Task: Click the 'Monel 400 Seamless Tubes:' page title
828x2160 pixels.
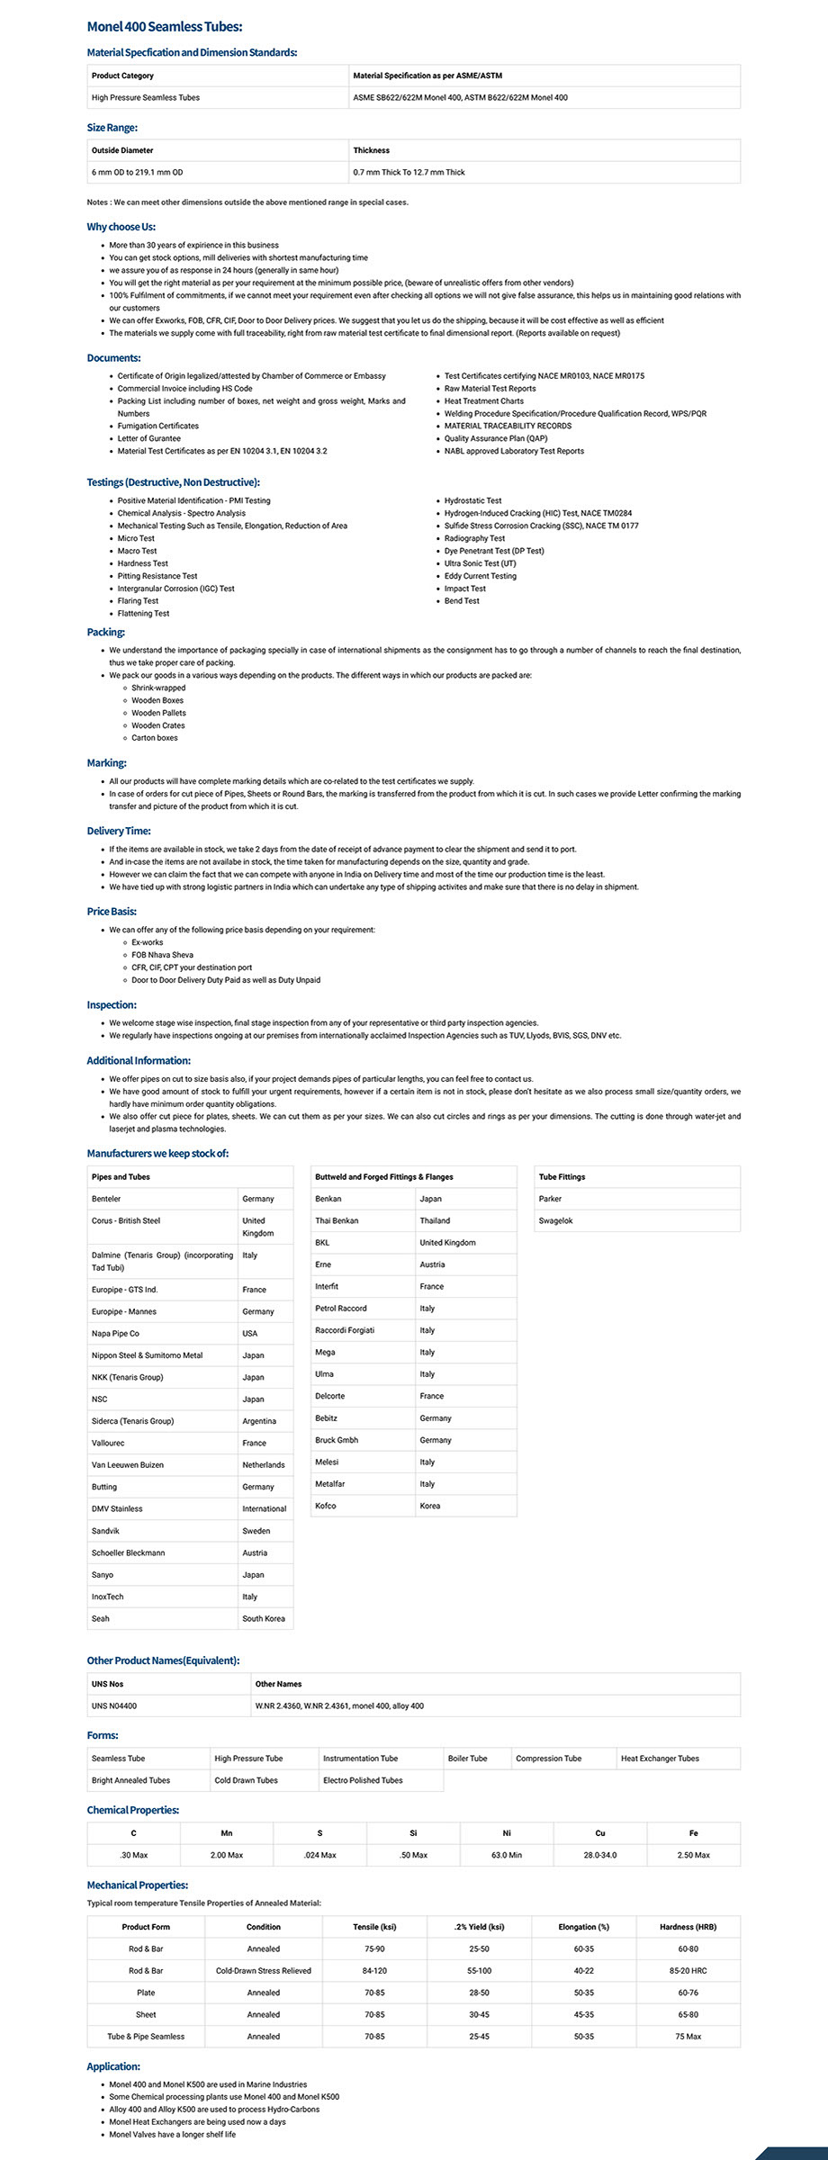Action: click(164, 28)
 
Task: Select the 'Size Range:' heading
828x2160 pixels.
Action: click(112, 128)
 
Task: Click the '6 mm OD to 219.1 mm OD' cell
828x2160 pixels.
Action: click(137, 172)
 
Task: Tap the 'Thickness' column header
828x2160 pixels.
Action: click(372, 150)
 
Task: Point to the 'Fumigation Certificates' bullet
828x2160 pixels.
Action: click(158, 426)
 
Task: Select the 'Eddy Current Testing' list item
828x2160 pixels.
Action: click(481, 576)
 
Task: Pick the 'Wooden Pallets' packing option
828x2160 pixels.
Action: click(159, 713)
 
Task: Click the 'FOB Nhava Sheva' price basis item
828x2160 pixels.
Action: click(162, 955)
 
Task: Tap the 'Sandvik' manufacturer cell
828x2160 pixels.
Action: click(105, 1531)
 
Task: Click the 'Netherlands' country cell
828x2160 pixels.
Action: click(263, 1465)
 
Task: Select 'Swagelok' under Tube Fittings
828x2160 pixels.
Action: click(555, 1221)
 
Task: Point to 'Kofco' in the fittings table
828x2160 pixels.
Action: click(326, 1506)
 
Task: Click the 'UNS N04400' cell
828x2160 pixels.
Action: click(114, 1705)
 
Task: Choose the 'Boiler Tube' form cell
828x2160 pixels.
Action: click(467, 1759)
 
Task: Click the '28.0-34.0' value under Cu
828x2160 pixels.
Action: click(600, 1855)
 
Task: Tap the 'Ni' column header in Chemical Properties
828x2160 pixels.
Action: click(507, 1833)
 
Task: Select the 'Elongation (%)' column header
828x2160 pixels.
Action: click(583, 1927)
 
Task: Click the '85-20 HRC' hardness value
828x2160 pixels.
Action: click(688, 1971)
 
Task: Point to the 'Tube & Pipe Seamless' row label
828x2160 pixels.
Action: click(146, 2037)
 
